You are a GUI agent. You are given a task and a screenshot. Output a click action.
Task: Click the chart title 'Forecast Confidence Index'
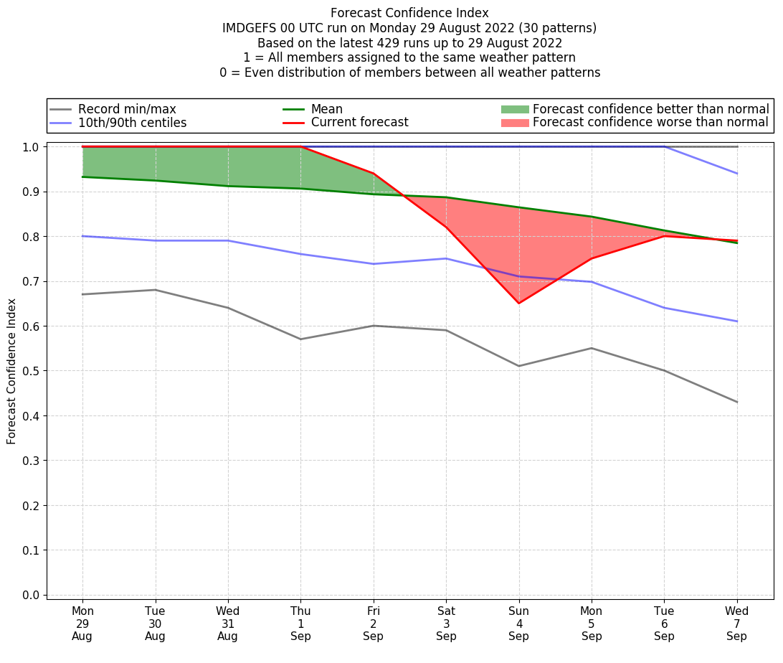pyautogui.click(x=409, y=13)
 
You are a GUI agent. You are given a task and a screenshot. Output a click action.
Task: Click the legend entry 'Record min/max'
pyautogui.click(x=127, y=109)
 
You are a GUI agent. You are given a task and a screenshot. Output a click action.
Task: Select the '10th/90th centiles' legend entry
pyautogui.click(x=132, y=123)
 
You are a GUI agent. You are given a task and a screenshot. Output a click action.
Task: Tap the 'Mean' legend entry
pyautogui.click(x=326, y=109)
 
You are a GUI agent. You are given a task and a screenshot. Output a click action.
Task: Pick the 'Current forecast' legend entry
pyautogui.click(x=359, y=123)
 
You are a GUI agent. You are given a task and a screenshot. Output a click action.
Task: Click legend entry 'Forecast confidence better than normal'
pyautogui.click(x=650, y=109)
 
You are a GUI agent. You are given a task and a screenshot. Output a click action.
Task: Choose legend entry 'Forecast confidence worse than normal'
pyautogui.click(x=650, y=123)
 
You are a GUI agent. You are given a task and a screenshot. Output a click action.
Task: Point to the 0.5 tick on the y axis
pyautogui.click(x=32, y=371)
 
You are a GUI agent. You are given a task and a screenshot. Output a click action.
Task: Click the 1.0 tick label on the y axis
pyautogui.click(x=32, y=147)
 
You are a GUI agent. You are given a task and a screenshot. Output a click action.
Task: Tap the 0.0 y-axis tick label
pyautogui.click(x=32, y=595)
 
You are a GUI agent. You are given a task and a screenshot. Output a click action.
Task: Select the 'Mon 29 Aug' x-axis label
pyautogui.click(x=82, y=624)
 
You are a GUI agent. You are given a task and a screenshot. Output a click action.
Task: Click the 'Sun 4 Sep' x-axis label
pyautogui.click(x=518, y=624)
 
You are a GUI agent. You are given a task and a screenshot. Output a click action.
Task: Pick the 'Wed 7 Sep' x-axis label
pyautogui.click(x=736, y=624)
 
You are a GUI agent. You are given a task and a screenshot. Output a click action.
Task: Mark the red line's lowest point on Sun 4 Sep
pyautogui.click(x=518, y=304)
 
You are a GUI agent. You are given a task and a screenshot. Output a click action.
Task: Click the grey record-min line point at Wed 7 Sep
pyautogui.click(x=736, y=402)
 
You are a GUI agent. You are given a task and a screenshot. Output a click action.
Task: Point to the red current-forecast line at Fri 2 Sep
pyautogui.click(x=373, y=174)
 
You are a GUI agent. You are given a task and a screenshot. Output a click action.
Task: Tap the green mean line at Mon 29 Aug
pyautogui.click(x=82, y=177)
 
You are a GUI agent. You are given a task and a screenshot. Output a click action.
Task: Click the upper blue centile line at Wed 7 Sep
pyautogui.click(x=736, y=174)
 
